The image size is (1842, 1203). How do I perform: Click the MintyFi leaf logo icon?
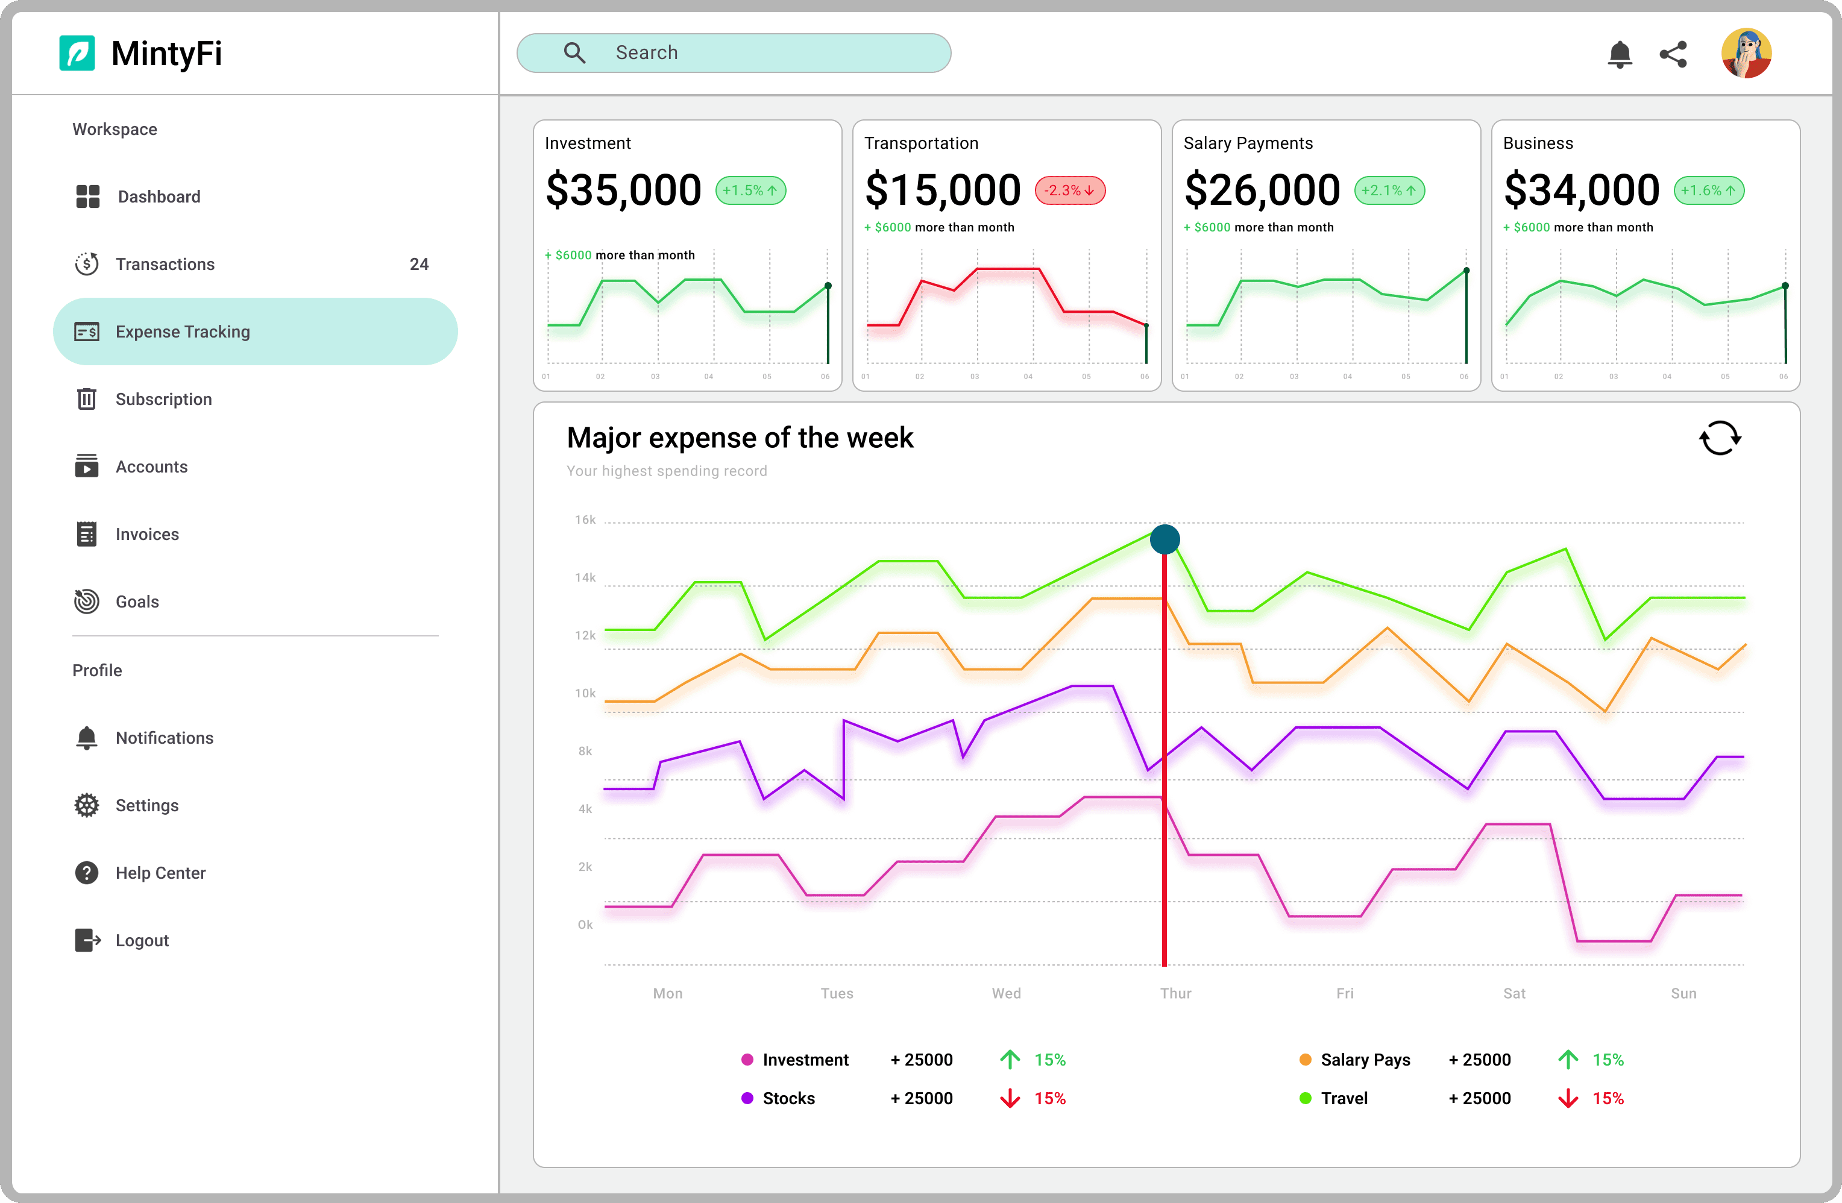pyautogui.click(x=77, y=54)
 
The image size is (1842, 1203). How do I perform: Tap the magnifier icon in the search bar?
pyautogui.click(x=574, y=52)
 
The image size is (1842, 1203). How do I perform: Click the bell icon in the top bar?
pyautogui.click(x=1619, y=54)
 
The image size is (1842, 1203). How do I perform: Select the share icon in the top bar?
pyautogui.click(x=1673, y=54)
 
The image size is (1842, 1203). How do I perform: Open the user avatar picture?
pyautogui.click(x=1746, y=54)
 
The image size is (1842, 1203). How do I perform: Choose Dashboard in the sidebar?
pyautogui.click(x=159, y=196)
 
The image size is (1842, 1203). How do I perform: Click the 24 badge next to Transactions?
pyautogui.click(x=419, y=264)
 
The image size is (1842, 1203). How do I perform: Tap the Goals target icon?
pyautogui.click(x=87, y=601)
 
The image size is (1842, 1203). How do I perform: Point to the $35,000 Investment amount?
pyautogui.click(x=624, y=190)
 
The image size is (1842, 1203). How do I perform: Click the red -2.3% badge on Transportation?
pyautogui.click(x=1070, y=190)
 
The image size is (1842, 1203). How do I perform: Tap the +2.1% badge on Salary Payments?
pyautogui.click(x=1389, y=190)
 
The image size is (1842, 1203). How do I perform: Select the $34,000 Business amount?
pyautogui.click(x=1581, y=190)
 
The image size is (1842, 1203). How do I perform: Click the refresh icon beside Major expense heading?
pyautogui.click(x=1720, y=438)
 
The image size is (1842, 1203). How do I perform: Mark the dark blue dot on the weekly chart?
pyautogui.click(x=1165, y=539)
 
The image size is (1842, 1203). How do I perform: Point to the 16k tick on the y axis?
pyautogui.click(x=585, y=520)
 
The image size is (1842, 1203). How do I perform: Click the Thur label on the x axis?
pyautogui.click(x=1175, y=993)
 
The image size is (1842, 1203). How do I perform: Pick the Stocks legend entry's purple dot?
pyautogui.click(x=747, y=1098)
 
